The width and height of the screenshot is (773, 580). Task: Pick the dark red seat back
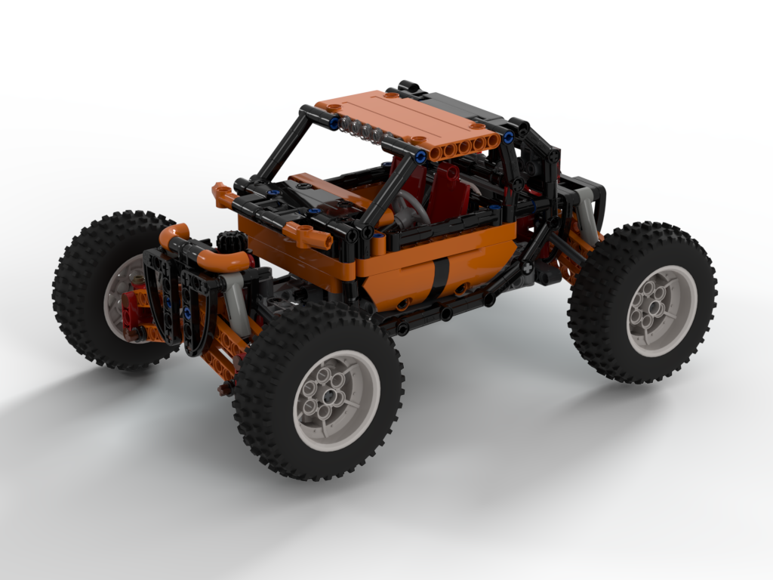450,189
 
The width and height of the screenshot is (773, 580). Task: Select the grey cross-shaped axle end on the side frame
526,267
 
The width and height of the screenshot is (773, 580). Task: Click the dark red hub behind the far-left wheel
140,302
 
